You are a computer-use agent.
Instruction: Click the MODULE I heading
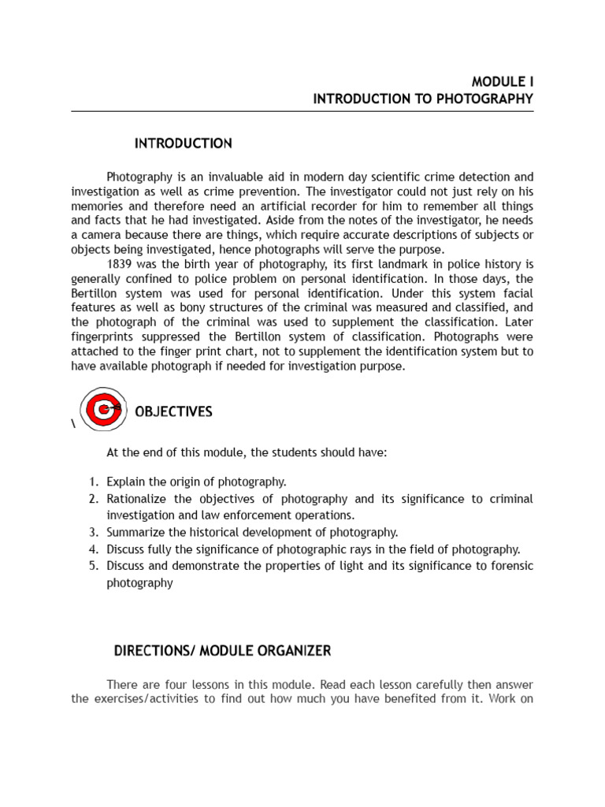[x=502, y=81]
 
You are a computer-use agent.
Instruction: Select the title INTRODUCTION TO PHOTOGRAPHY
[x=423, y=99]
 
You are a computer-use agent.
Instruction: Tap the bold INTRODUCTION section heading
[x=183, y=143]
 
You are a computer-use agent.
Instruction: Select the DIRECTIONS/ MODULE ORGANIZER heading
[x=222, y=650]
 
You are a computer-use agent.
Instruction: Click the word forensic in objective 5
[x=511, y=566]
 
